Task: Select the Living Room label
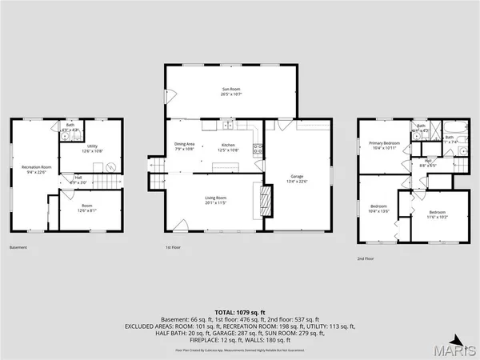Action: click(x=216, y=200)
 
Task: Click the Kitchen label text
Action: click(x=229, y=146)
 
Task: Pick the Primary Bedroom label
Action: click(x=384, y=146)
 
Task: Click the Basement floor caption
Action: click(x=18, y=247)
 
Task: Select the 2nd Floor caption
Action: click(x=366, y=258)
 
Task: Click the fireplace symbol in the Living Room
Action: click(x=258, y=196)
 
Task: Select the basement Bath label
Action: click(x=70, y=127)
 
